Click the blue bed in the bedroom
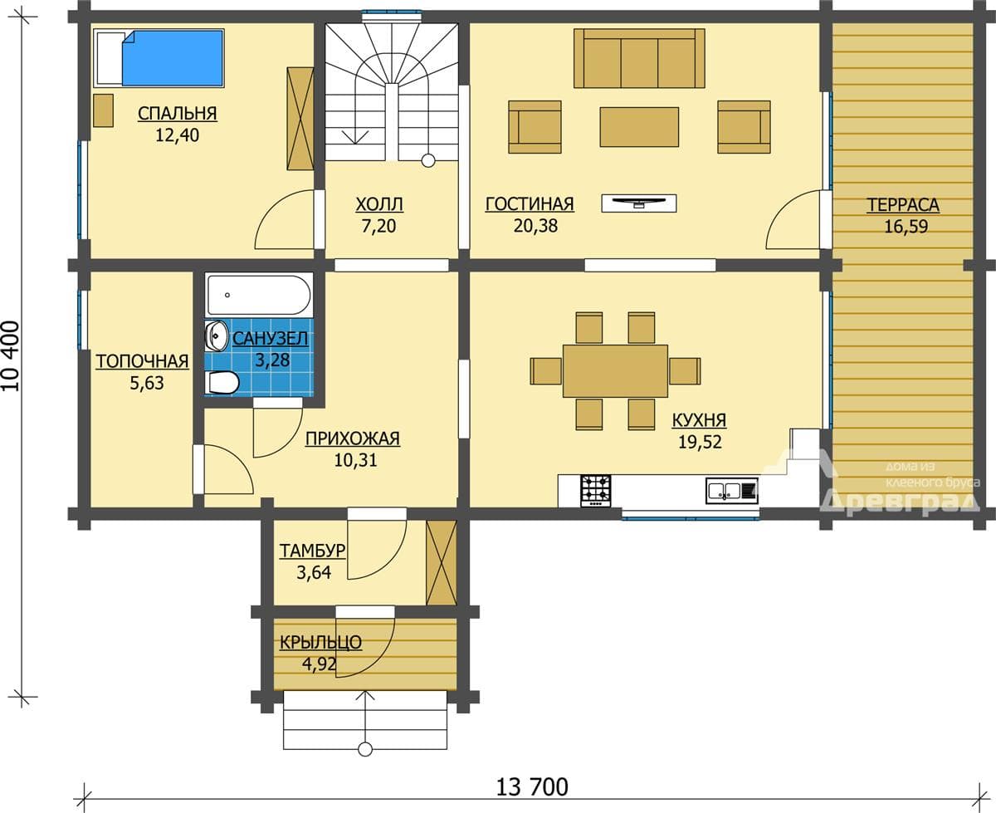(159, 57)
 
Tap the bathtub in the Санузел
(259, 295)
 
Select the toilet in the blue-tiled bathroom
(223, 382)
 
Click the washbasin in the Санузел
(217, 335)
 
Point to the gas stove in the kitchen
(595, 491)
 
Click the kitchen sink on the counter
(731, 491)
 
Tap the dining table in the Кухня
(615, 371)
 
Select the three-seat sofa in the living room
(639, 58)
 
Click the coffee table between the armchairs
(639, 126)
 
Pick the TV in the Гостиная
(639, 203)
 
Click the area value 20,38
(535, 226)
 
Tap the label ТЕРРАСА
(903, 205)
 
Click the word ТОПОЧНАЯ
(142, 361)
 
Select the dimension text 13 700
(532, 787)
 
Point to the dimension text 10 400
(12, 356)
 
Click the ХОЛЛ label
(379, 204)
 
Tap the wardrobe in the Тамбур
(441, 563)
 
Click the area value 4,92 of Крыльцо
(320, 664)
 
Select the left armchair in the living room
(535, 126)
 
